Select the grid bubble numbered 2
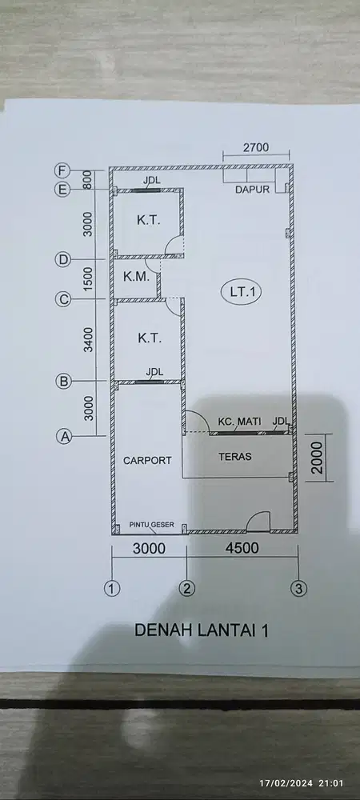(187, 589)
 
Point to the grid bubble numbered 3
(298, 589)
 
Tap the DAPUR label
(251, 190)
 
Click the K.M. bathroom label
(134, 279)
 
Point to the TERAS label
(235, 457)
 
